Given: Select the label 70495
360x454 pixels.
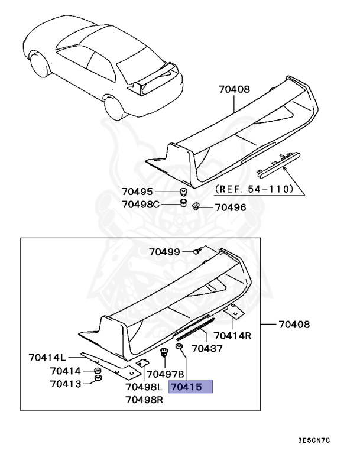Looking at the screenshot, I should [137, 192].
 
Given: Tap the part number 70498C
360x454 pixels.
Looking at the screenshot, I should [141, 204].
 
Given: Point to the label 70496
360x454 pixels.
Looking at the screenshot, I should [231, 207].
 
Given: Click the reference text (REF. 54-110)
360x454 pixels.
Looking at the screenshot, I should [254, 190].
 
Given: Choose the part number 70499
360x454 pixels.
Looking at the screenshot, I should [164, 252].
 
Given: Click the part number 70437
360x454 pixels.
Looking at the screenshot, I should [207, 349].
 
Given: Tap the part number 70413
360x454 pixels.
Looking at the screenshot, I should [65, 383].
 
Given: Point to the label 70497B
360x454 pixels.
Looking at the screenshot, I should [166, 374].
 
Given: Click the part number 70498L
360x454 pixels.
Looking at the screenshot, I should [144, 387].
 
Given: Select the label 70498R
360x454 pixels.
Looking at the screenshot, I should [144, 400].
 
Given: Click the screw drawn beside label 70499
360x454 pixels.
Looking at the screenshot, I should [198, 252].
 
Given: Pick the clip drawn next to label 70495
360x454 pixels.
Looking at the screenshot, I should [183, 192].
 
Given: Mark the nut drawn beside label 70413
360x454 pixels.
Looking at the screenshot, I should [98, 379].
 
